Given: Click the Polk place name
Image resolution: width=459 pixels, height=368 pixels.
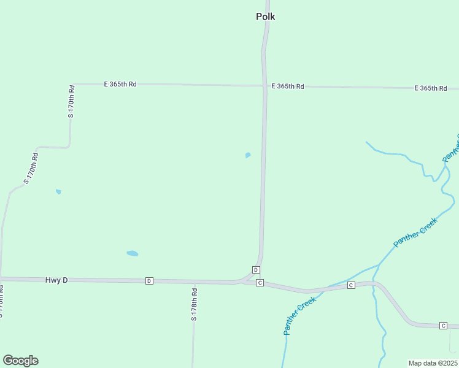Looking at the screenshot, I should pyautogui.click(x=265, y=17).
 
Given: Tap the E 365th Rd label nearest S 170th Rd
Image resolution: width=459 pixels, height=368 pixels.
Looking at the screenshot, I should pyautogui.click(x=120, y=84).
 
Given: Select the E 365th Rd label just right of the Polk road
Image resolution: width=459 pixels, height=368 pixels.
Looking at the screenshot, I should pyautogui.click(x=288, y=86).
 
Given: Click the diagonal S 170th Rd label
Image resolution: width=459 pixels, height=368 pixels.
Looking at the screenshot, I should pyautogui.click(x=31, y=168).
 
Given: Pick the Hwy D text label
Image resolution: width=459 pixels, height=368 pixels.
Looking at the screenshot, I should pyautogui.click(x=56, y=280).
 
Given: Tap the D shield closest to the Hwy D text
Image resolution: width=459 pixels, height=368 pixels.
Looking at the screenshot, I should pyautogui.click(x=149, y=281).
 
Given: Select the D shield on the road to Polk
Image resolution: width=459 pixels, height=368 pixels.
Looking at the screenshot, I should pyautogui.click(x=256, y=270).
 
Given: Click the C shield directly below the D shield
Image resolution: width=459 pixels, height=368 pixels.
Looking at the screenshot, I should pyautogui.click(x=260, y=283).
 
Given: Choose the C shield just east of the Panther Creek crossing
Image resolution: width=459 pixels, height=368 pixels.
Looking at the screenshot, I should pyautogui.click(x=351, y=285).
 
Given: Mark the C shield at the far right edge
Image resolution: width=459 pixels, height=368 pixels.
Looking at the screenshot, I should pyautogui.click(x=443, y=325).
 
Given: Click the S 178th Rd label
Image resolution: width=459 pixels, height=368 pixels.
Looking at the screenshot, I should pyautogui.click(x=193, y=305).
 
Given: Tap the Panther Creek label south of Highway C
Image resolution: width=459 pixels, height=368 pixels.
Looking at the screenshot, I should pyautogui.click(x=299, y=315).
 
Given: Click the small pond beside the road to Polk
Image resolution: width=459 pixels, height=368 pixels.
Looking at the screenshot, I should pyautogui.click(x=248, y=155).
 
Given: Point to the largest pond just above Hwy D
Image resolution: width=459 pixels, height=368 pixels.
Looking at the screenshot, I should pyautogui.click(x=132, y=253).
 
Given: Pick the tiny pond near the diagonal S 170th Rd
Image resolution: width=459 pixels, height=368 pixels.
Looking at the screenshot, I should pyautogui.click(x=58, y=191).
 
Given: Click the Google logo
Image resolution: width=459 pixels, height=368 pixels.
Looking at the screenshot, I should pyautogui.click(x=20, y=361).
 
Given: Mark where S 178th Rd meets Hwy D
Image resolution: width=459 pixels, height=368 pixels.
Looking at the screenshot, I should pyautogui.click(x=193, y=282).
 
